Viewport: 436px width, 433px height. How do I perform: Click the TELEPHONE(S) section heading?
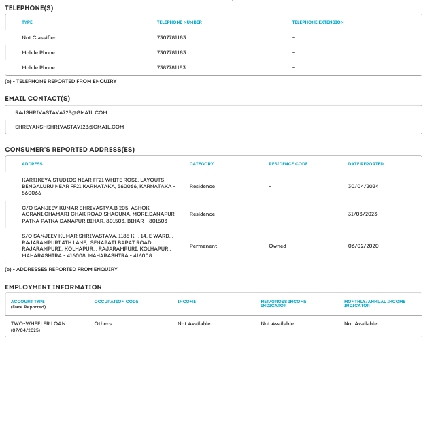[x=29, y=7]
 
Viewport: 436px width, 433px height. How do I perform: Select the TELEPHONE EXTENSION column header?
[x=318, y=22]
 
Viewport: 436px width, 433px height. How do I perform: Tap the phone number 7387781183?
[x=171, y=68]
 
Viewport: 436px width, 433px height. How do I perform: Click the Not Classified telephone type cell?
[x=39, y=38]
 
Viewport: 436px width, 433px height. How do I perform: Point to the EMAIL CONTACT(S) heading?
[x=37, y=98]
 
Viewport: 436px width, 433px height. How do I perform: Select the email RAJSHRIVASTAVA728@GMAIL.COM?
[x=61, y=112]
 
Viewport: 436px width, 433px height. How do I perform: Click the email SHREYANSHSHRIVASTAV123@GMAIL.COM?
[x=69, y=127]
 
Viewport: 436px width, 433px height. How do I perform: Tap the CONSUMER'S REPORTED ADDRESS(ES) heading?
[x=69, y=149]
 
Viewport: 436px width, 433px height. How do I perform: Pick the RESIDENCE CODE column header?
[x=288, y=164]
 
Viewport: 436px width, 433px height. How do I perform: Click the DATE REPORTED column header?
[x=365, y=164]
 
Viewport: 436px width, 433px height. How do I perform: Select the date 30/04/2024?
[x=363, y=186]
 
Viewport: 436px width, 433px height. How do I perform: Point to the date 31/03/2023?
[x=363, y=214]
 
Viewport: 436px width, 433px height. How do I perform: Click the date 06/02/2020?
[x=363, y=246]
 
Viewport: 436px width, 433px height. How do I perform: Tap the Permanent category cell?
[x=203, y=246]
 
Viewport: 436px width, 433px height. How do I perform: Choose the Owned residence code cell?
[x=277, y=246]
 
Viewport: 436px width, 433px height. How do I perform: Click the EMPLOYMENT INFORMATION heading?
[x=53, y=287]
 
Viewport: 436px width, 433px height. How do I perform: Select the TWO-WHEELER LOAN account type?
[x=38, y=323]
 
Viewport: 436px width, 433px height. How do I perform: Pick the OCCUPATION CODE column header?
[x=116, y=301]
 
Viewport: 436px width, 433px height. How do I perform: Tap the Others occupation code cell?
[x=103, y=323]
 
